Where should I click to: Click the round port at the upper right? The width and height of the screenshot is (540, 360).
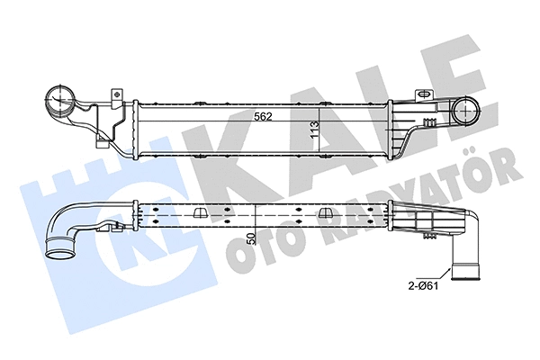[x=468, y=112]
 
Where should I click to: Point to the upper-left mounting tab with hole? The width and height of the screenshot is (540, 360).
[x=115, y=94]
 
